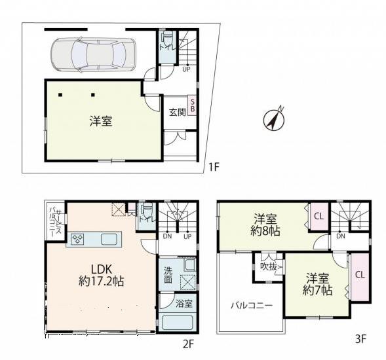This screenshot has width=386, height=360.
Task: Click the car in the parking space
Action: point(92,53)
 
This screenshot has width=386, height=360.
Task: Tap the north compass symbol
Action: point(273,118)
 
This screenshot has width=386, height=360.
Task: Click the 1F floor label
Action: point(213,167)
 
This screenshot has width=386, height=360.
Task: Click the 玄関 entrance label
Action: point(176,112)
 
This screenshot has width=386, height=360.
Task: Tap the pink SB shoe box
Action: point(193,105)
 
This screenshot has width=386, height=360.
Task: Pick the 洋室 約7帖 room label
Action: point(317,284)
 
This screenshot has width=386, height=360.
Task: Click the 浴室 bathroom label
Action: point(184,304)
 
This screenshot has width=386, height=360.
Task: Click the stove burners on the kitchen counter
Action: point(77,239)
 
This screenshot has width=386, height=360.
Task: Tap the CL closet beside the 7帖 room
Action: point(360,275)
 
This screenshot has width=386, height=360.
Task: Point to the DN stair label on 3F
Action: point(341,236)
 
